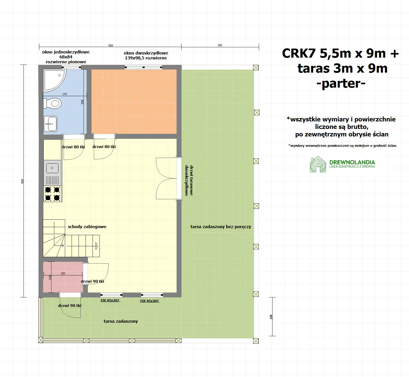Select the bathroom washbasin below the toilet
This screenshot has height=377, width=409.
(51, 124)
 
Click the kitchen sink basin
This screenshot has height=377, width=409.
(52, 168)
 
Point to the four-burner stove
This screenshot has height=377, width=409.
(52, 194)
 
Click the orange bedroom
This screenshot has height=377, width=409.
(134, 101)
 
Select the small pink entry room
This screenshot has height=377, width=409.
(63, 277)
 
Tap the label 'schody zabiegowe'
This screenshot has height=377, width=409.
(87, 227)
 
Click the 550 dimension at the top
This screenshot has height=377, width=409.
(110, 45)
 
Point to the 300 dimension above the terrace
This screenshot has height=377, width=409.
(220, 45)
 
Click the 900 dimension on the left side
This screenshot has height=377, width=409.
(22, 181)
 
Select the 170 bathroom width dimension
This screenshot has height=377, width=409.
(65, 94)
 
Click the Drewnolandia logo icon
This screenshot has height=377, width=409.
(318, 164)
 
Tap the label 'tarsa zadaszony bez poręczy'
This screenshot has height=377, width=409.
(221, 227)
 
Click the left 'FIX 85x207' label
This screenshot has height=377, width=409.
(110, 301)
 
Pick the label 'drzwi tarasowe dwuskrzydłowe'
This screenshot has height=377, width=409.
(189, 180)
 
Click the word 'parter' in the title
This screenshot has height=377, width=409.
(341, 83)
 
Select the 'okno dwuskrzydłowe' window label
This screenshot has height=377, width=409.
(146, 55)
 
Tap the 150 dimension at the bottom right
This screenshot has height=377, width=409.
(271, 317)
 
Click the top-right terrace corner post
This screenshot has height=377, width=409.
(256, 67)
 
